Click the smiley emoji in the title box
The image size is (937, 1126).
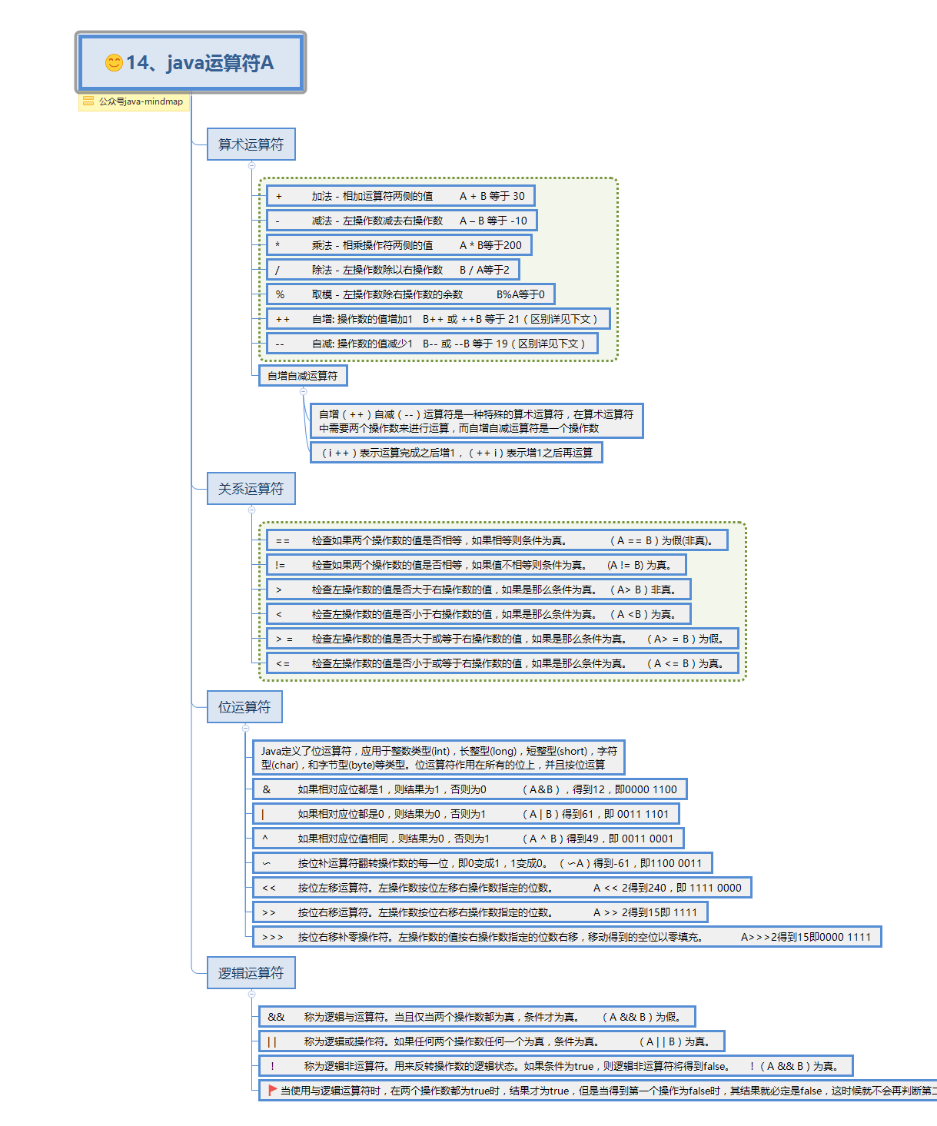[114, 63]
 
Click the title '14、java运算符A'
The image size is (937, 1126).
[199, 63]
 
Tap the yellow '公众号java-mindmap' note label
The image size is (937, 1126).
[135, 101]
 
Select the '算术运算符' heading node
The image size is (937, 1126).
[251, 144]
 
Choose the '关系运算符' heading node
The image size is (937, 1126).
[251, 489]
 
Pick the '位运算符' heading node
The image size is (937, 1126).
[244, 707]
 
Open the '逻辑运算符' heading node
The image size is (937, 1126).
[251, 973]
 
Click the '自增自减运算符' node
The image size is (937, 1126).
[303, 376]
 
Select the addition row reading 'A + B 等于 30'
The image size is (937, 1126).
[400, 196]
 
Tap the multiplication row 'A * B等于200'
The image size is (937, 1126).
[399, 245]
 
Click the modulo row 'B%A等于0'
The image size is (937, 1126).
[410, 294]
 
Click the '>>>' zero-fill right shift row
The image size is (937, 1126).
[567, 937]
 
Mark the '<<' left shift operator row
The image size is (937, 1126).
[502, 888]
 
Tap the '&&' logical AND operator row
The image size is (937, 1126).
[477, 1017]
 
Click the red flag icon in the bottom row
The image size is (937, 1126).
[272, 1090]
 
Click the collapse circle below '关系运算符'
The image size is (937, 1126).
[251, 510]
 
